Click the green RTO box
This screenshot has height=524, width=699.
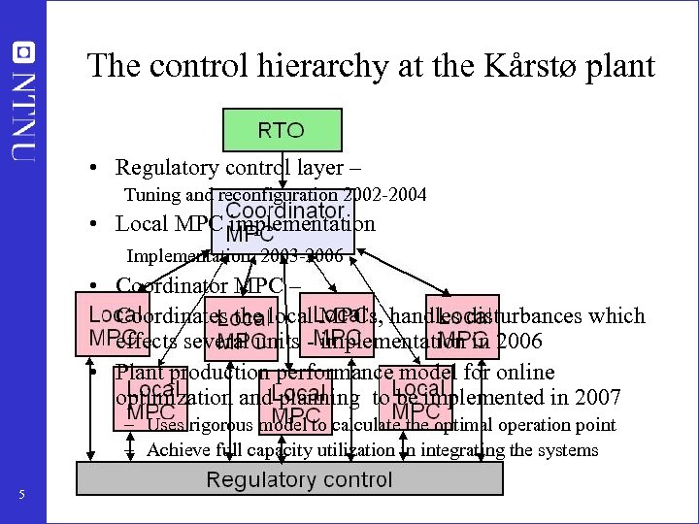click(281, 130)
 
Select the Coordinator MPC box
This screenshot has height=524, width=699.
click(283, 222)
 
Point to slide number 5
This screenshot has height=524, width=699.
click(21, 498)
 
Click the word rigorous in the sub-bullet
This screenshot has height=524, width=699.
click(220, 425)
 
